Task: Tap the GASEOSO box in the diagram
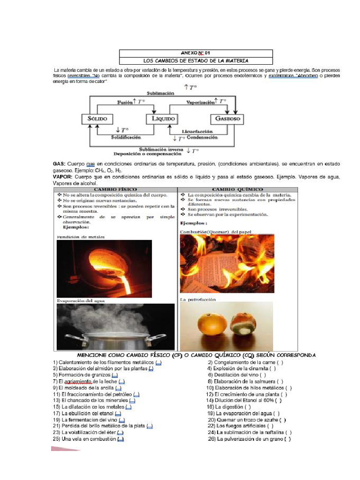(227, 119)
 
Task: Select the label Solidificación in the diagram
(126, 137)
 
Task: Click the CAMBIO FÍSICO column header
(115, 189)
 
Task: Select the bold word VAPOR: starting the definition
(62, 177)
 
